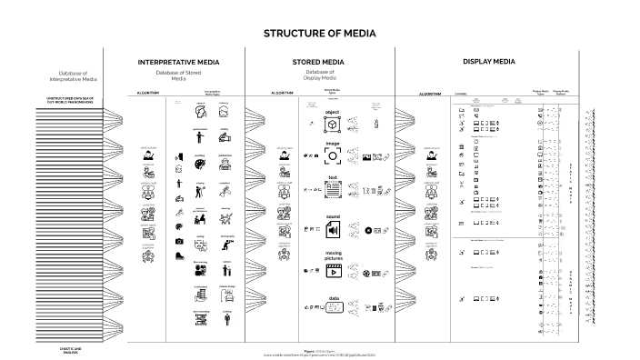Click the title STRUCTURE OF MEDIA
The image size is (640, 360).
(x=319, y=34)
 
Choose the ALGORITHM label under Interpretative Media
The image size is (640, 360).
(x=148, y=93)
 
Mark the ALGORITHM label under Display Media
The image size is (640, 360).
(x=430, y=94)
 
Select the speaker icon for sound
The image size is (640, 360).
(x=332, y=232)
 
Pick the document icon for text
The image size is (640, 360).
(x=332, y=191)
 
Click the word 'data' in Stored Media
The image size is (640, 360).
(x=333, y=298)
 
